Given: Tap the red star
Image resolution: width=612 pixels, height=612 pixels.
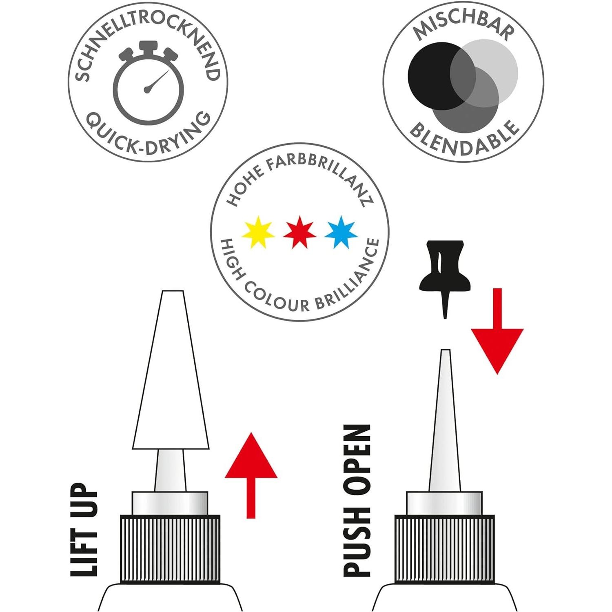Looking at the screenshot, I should point(299,232).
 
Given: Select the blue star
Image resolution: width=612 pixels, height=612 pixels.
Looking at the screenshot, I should point(341,232).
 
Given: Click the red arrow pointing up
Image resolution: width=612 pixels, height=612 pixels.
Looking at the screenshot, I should point(251,469).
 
